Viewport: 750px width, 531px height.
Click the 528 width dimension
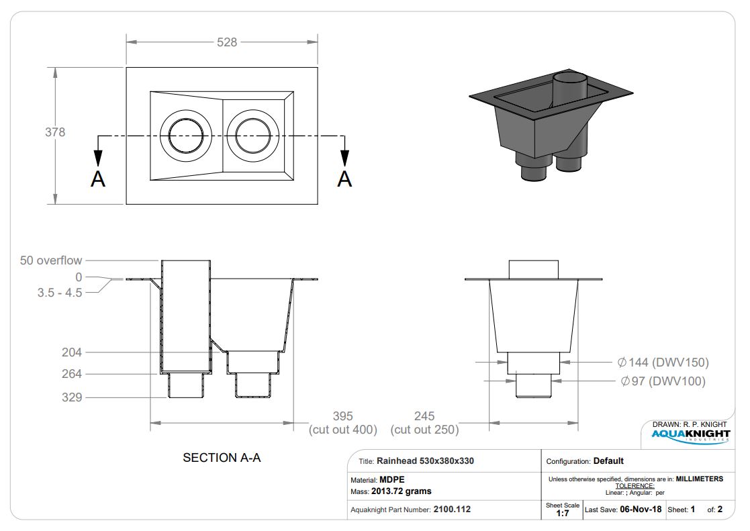click(227, 42)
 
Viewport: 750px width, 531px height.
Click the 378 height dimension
click(55, 132)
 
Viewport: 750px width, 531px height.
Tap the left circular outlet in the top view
click(185, 136)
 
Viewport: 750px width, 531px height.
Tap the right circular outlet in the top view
click(252, 136)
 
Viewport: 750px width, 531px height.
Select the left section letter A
click(98, 179)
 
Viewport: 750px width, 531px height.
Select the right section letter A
click(344, 179)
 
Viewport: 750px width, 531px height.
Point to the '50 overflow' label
click(51, 260)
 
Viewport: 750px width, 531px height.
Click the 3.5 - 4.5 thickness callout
click(60, 292)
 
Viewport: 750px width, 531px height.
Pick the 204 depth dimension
click(72, 352)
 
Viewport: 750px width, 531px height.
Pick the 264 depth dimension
click(72, 374)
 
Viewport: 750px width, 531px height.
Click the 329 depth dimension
click(72, 397)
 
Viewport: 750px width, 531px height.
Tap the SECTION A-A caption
click(222, 458)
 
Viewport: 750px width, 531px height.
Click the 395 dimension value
click(343, 416)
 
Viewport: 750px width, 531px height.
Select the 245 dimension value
click(424, 416)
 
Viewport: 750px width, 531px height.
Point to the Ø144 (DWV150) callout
click(663, 362)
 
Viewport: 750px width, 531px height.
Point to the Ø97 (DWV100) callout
click(663, 381)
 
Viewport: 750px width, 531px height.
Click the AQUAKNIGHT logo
click(691, 435)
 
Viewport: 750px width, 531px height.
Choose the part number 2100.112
click(452, 510)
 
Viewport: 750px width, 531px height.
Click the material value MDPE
click(391, 479)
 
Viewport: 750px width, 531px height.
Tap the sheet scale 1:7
click(563, 514)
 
